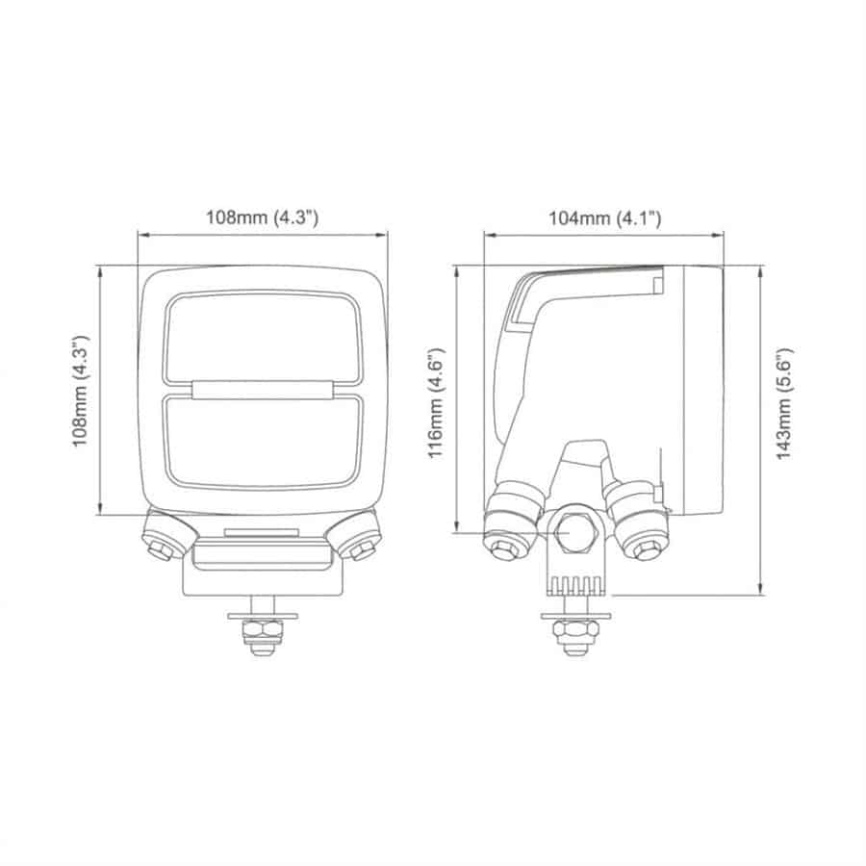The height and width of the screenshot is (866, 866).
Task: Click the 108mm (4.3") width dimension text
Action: tap(262, 217)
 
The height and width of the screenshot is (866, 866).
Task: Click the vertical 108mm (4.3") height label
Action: tap(82, 390)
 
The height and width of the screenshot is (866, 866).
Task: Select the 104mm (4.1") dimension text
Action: tap(604, 217)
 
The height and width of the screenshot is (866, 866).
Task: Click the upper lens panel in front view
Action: tap(262, 337)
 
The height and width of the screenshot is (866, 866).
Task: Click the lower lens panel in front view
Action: tap(262, 441)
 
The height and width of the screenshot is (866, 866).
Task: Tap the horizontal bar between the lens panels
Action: tap(262, 390)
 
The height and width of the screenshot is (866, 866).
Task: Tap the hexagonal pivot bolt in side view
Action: tap(575, 531)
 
